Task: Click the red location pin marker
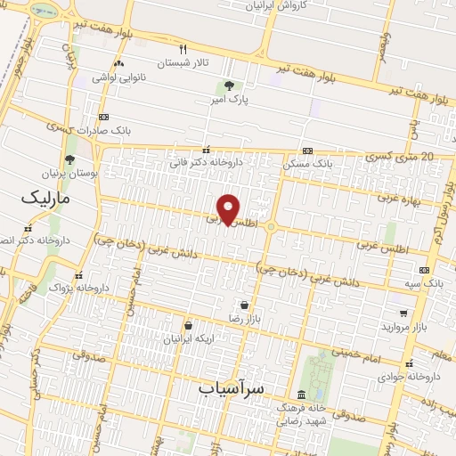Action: [x=229, y=208]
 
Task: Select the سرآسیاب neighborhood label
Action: [x=232, y=388]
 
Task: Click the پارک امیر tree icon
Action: [x=229, y=85]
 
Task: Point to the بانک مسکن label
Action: [x=308, y=164]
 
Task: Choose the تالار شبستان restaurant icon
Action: [x=183, y=50]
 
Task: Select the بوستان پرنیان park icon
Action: [x=69, y=160]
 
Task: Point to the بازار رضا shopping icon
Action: [x=244, y=305]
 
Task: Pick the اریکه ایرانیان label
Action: [x=188, y=339]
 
